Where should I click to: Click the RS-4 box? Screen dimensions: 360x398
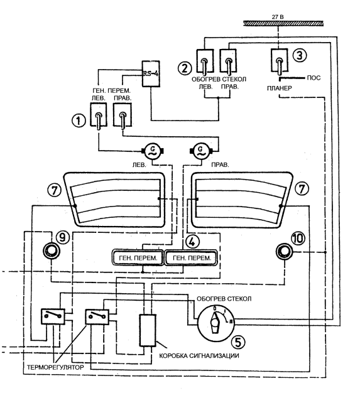pyautogui.click(x=151, y=73)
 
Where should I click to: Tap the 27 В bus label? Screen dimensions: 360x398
pyautogui.click(x=278, y=17)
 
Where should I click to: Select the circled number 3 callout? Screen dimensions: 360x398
pyautogui.click(x=300, y=55)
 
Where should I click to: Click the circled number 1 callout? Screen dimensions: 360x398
pyautogui.click(x=79, y=121)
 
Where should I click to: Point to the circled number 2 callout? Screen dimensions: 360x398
pyautogui.click(x=185, y=68)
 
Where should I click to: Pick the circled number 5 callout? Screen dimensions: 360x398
pyautogui.click(x=238, y=342)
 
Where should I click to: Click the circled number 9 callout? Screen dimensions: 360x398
pyautogui.click(x=62, y=237)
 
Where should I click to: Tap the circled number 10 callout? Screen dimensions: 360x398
pyautogui.click(x=298, y=239)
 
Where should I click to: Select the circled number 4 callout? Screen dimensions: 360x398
pyautogui.click(x=192, y=242)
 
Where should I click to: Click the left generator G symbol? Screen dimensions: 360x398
pyautogui.click(x=153, y=151)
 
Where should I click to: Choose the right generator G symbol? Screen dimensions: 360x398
pyautogui.click(x=201, y=151)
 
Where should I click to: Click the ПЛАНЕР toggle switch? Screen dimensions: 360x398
pyautogui.click(x=280, y=61)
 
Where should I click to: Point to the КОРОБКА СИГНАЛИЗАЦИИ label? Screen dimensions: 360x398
pyautogui.click(x=199, y=355)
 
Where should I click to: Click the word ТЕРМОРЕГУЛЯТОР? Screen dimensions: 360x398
pyautogui.click(x=55, y=367)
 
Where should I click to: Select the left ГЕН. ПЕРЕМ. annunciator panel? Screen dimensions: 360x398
pyautogui.click(x=138, y=257)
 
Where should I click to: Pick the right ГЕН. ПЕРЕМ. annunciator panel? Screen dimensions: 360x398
pyautogui.click(x=192, y=257)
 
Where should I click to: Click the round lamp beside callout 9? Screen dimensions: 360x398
pyautogui.click(x=51, y=251)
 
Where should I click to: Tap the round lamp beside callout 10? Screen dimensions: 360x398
pyautogui.click(x=284, y=252)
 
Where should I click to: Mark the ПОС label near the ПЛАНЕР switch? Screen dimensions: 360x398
pyautogui.click(x=314, y=78)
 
